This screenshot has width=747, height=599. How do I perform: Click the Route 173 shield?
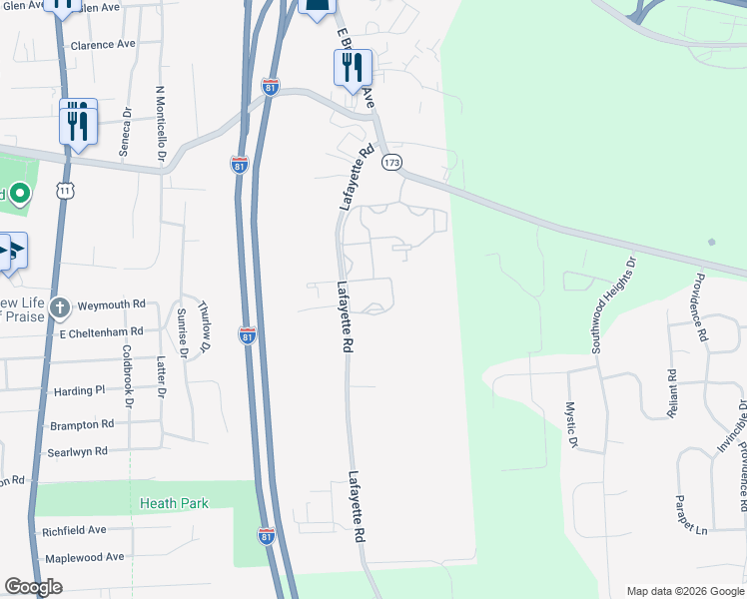391,162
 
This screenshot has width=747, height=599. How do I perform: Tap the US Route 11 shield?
66,190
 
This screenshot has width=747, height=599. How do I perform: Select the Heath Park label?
175,503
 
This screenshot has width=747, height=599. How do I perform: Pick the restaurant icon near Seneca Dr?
78,122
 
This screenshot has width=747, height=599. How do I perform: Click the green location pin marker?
19,194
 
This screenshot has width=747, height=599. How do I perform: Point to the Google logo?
33,587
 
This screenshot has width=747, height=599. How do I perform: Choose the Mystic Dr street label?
572,425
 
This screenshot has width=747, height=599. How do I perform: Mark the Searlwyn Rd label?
77,452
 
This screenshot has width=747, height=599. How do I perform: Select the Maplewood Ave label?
84,556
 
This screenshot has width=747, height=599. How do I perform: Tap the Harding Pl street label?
79,390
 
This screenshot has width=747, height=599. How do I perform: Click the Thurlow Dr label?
205,325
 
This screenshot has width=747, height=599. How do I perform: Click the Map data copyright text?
683,590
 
